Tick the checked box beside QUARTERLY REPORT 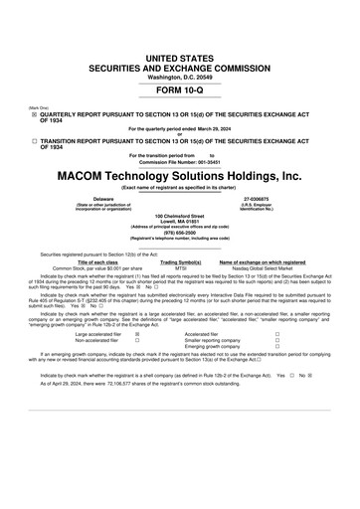tap(34, 114)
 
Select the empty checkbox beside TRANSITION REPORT tap(34, 142)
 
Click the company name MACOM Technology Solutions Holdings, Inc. tap(180, 175)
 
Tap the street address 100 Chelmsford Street tap(180, 216)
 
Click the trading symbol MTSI tap(181, 268)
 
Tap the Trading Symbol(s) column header tap(181, 261)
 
